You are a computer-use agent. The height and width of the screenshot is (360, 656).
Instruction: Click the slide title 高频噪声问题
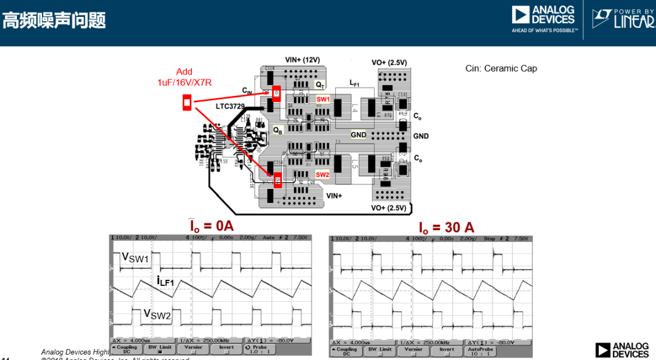tap(54, 21)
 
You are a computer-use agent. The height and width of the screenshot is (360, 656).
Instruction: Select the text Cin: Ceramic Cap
tap(501, 69)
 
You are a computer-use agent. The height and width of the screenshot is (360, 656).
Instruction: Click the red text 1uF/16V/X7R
tap(185, 83)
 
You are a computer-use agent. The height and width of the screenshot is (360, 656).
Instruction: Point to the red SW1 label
tap(323, 99)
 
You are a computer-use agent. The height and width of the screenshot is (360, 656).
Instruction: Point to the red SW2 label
tap(322, 175)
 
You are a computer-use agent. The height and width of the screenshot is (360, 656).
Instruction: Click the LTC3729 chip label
tap(230, 106)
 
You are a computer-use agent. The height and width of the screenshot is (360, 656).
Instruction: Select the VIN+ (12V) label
tap(302, 60)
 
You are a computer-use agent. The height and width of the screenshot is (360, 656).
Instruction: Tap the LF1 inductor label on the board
tap(355, 83)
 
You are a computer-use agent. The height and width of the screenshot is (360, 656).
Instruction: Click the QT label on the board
tap(320, 85)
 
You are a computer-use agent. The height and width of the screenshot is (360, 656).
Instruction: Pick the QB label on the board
tap(277, 130)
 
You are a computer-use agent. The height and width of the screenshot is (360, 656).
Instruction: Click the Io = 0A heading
tap(211, 226)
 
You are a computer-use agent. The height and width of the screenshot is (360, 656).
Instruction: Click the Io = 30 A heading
tap(446, 228)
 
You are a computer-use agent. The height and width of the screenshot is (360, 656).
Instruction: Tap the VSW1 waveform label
tap(135, 258)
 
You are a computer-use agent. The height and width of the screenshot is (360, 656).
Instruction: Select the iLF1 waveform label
tap(165, 280)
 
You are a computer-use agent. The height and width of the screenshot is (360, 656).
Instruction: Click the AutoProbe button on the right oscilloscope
tap(480, 350)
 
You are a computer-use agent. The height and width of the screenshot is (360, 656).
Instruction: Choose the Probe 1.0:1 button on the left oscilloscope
tap(259, 350)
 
